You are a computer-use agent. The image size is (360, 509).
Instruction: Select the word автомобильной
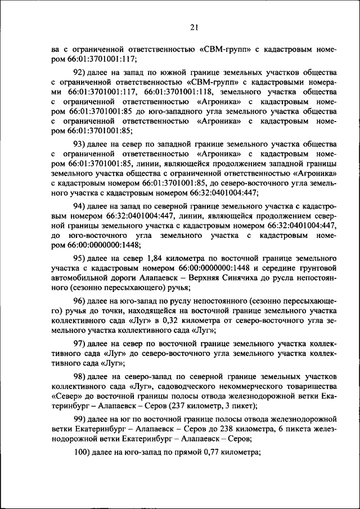point(79,277)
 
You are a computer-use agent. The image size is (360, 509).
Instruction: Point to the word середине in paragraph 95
point(272,268)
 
